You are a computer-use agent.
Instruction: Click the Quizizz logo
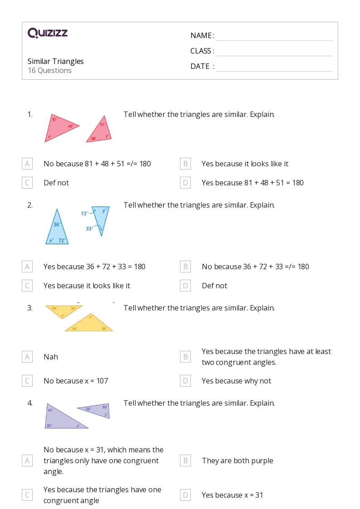click(48, 33)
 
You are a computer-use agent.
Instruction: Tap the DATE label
click(200, 66)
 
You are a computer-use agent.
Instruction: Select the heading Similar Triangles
click(56, 61)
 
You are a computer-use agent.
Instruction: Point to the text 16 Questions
click(49, 70)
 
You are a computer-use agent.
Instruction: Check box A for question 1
click(27, 164)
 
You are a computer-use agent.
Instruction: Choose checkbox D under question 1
click(185, 183)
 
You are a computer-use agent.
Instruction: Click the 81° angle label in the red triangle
click(54, 120)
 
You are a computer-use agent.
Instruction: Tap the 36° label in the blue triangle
click(57, 224)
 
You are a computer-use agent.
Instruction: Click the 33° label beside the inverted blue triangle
click(89, 229)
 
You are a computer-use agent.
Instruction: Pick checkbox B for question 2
click(185, 267)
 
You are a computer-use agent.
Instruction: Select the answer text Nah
click(51, 357)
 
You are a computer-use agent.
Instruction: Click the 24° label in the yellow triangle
click(74, 329)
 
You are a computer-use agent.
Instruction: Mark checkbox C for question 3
click(27, 381)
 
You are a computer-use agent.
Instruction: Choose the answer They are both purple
click(238, 461)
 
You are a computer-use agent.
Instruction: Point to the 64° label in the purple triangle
click(50, 410)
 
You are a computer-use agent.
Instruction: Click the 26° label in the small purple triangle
click(88, 409)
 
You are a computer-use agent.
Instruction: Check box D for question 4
click(185, 495)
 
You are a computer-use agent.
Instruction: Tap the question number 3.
click(30, 308)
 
